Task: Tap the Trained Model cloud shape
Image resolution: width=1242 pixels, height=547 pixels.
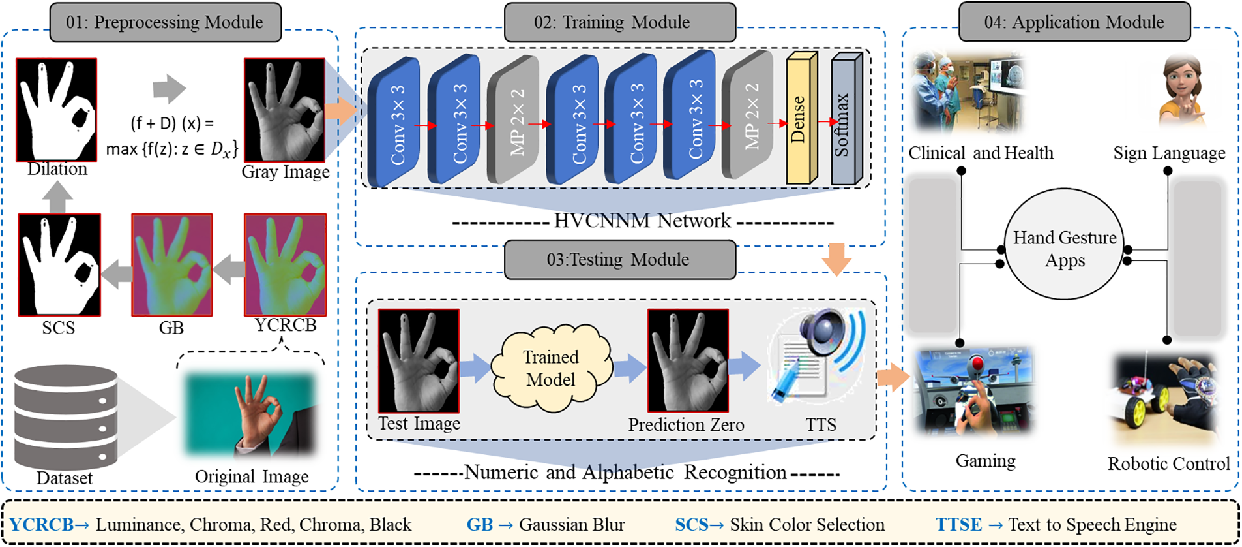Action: click(x=552, y=368)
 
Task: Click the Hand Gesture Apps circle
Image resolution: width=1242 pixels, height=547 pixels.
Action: click(x=1065, y=244)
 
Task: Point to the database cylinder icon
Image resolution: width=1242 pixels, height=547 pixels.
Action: click(x=65, y=417)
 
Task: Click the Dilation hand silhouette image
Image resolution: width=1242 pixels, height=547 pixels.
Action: click(x=57, y=109)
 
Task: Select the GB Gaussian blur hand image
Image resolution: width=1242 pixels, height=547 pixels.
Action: click(x=172, y=265)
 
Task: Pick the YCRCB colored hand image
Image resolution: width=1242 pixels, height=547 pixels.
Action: click(x=285, y=265)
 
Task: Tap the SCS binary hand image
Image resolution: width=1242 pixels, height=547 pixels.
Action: click(x=59, y=265)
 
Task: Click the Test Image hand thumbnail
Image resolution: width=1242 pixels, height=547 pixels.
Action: click(x=419, y=361)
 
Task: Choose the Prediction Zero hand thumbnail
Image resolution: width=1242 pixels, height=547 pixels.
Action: click(x=688, y=361)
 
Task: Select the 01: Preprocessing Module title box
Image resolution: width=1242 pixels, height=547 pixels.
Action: click(x=166, y=22)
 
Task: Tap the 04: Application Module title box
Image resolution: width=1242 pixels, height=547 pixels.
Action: click(x=1074, y=22)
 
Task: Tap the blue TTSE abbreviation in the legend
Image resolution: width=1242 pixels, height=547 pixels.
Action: click(x=958, y=525)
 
